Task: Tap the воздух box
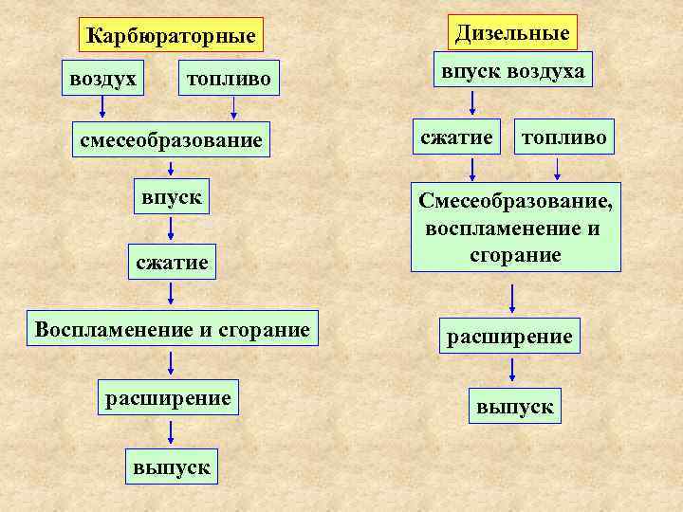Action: pos(102,79)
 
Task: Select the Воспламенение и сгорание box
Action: pos(172,330)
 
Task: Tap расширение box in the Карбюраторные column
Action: pos(169,397)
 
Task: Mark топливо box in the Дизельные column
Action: pos(563,137)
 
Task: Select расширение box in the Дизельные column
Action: pos(510,336)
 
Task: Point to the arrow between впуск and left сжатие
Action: pos(171,229)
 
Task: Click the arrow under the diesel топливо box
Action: pos(558,169)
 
